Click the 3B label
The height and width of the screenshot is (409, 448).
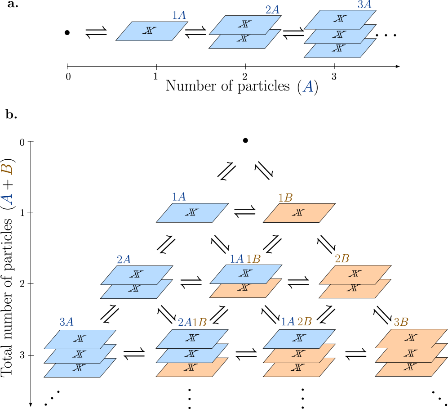tap(401, 322)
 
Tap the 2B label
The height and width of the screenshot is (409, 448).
tap(342, 259)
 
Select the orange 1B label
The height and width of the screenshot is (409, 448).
tap(285, 198)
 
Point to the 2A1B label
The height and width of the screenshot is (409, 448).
tap(192, 322)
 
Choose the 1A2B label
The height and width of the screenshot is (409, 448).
tap(296, 322)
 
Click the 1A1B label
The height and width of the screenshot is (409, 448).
tap(245, 259)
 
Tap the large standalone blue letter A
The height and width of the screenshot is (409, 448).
tap(308, 86)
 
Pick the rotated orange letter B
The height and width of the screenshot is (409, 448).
tap(7, 169)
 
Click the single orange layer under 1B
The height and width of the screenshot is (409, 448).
tap(299, 213)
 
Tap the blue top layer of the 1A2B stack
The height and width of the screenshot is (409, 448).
tap(299, 339)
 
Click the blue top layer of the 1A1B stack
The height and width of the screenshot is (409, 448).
tap(246, 274)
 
